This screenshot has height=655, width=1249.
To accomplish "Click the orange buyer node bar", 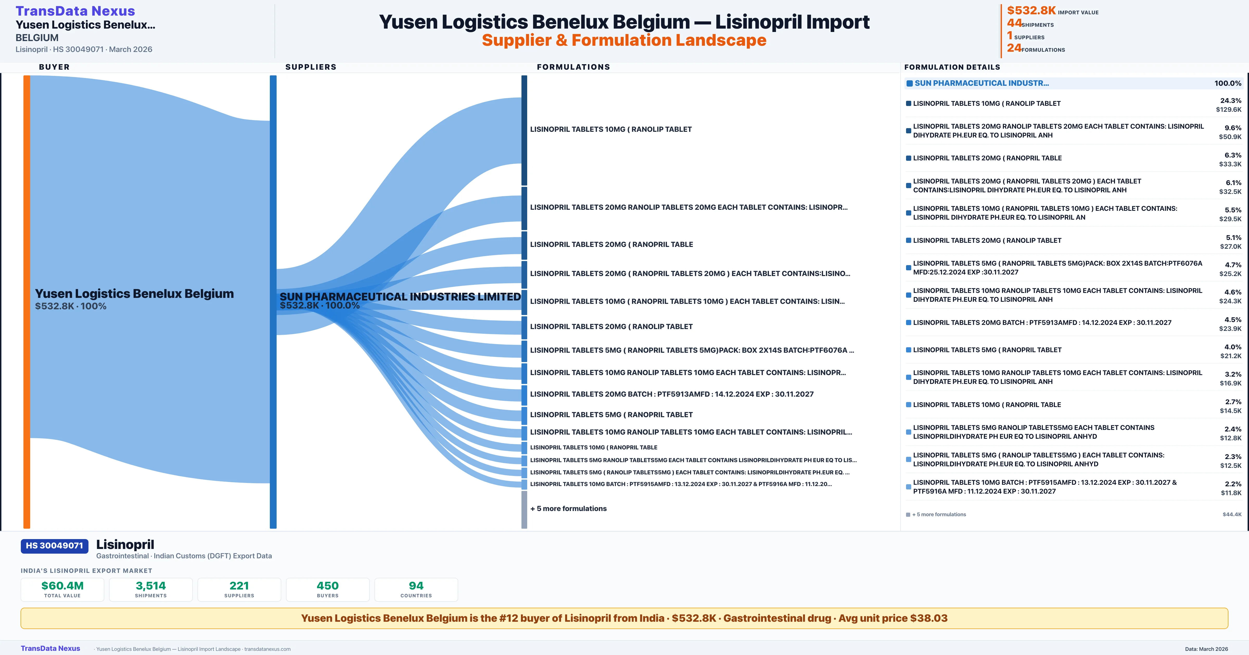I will [27, 300].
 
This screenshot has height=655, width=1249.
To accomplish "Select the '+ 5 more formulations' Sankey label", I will [568, 508].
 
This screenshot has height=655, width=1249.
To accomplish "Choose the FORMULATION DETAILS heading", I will [952, 67].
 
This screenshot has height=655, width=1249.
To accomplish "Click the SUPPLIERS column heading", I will [311, 67].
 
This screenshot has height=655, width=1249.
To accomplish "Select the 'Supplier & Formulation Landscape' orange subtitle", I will [624, 40].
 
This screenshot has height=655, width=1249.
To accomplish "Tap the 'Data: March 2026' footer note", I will [1206, 649].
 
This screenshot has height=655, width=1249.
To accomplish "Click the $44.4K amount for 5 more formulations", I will [1232, 514].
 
